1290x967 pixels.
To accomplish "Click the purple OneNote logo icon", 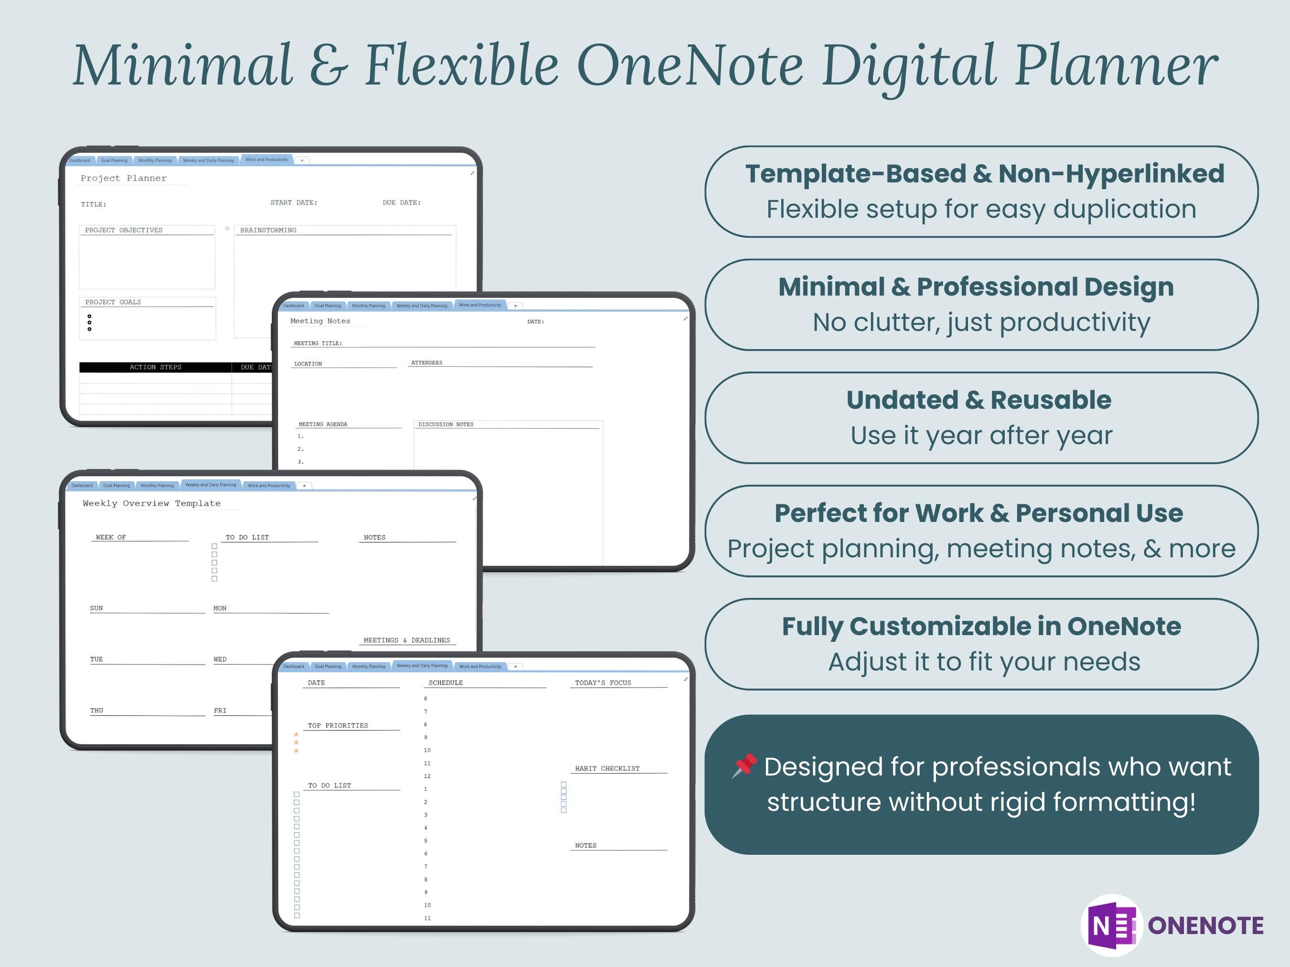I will tap(1113, 925).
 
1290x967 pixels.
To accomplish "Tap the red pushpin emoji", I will tap(745, 765).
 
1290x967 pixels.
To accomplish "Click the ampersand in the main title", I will tap(328, 65).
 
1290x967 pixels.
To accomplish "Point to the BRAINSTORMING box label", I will tap(268, 230).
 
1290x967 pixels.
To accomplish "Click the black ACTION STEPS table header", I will tap(155, 367).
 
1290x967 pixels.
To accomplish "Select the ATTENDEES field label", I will tap(426, 362).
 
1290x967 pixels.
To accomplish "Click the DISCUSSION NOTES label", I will tap(446, 425).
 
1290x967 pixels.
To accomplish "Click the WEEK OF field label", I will tap(111, 537).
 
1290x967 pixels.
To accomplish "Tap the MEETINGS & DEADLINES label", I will tap(407, 640).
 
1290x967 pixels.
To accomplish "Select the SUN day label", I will tap(96, 608).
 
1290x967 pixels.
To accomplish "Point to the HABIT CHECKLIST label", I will tap(607, 769).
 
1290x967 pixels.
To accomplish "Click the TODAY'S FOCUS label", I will tap(603, 682).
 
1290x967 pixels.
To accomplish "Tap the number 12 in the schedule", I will tap(427, 776).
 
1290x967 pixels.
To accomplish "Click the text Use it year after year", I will tap(981, 436).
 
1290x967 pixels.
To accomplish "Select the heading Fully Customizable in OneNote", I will tap(981, 627).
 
